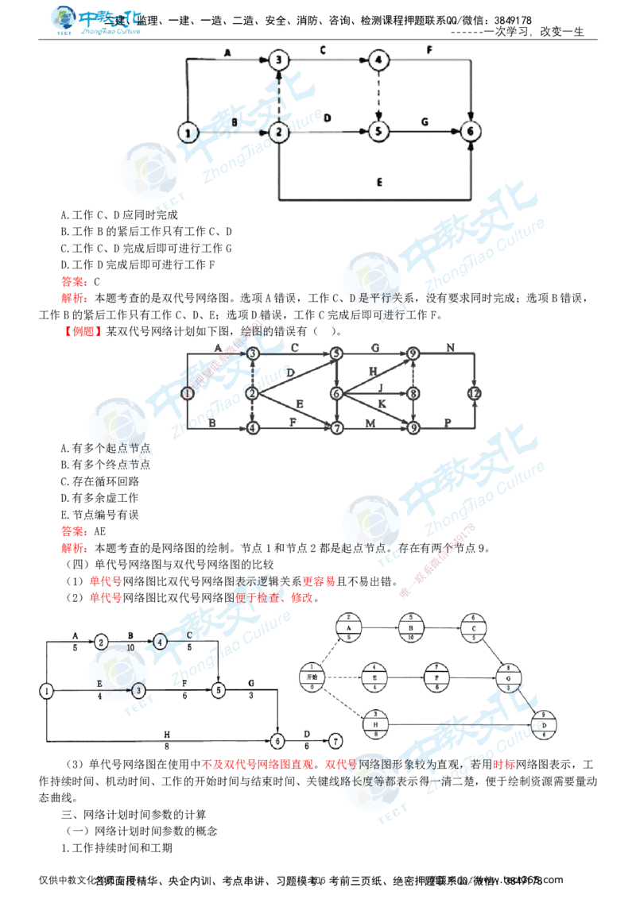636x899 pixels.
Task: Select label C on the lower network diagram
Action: [294, 347]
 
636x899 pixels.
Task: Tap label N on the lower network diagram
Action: [451, 347]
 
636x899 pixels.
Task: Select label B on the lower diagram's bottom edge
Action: [213, 423]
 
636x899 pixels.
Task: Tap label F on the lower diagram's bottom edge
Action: [294, 423]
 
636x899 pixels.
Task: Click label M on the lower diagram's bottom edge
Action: [372, 423]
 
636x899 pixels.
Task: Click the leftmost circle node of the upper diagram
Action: [185, 133]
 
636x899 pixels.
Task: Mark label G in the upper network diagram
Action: [426, 122]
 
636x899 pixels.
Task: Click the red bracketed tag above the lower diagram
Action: [83, 330]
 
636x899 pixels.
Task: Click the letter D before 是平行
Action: [352, 298]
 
